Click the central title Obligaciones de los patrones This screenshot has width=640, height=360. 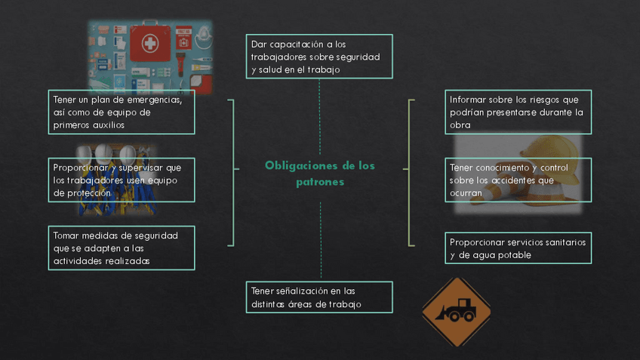point(319,174)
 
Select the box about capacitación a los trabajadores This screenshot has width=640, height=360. point(319,57)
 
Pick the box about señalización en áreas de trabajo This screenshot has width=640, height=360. point(319,297)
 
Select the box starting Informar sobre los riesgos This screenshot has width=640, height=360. point(518,112)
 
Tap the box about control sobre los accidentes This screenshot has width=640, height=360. point(518,180)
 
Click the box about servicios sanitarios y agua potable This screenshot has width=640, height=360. point(518,248)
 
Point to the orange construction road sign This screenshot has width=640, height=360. point(456,312)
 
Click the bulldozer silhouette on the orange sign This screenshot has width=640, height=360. point(457,309)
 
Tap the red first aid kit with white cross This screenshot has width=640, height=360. point(149,44)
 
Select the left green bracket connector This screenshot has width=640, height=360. point(231,172)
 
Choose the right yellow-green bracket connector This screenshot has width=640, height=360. point(410,172)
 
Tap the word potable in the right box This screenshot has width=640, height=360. point(514,255)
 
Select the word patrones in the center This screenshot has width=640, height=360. point(319,182)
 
